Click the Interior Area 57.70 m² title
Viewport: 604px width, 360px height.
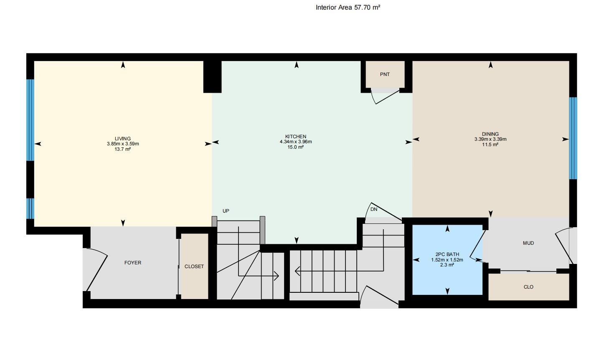click(x=348, y=8)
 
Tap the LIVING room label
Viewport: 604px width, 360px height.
click(x=123, y=139)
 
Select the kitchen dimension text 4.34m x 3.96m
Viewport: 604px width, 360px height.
click(x=296, y=142)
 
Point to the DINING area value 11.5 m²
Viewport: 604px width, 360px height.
click(x=490, y=145)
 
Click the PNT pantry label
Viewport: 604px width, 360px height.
click(x=385, y=74)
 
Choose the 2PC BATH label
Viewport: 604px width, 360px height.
click(x=447, y=254)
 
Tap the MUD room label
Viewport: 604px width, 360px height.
click(x=528, y=243)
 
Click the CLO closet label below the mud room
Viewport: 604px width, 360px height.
click(x=528, y=287)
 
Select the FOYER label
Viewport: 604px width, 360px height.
click(x=133, y=263)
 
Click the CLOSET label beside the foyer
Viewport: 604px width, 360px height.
click(x=194, y=266)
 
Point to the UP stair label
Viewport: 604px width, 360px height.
click(x=226, y=211)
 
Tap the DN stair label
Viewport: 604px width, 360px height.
click(x=374, y=209)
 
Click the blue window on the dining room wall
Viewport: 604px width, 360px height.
click(x=573, y=138)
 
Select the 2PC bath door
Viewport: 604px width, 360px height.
click(x=477, y=244)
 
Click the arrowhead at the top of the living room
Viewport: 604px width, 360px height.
click(x=123, y=65)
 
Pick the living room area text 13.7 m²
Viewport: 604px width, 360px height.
click(x=123, y=149)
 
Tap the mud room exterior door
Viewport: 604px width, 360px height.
click(x=563, y=246)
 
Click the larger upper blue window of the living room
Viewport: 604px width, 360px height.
click(x=30, y=120)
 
